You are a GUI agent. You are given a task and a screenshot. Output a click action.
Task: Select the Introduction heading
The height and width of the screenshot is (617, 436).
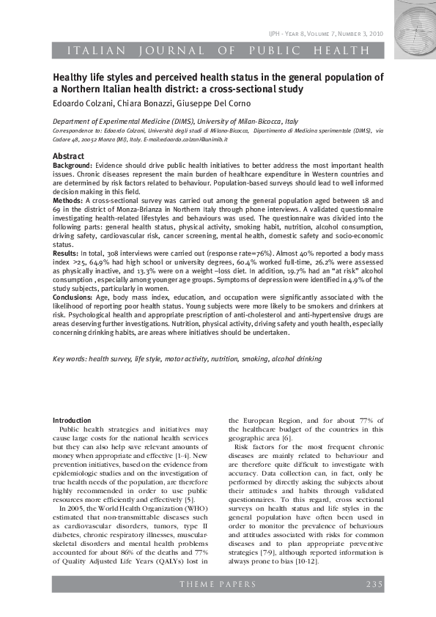[73, 420]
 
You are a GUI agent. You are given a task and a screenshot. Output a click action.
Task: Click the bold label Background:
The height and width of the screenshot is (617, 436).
[73, 166]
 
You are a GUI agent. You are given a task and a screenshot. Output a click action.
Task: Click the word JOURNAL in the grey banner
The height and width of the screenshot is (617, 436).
[163, 51]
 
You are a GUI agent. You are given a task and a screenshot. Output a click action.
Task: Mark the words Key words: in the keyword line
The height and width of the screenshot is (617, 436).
[70, 359]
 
